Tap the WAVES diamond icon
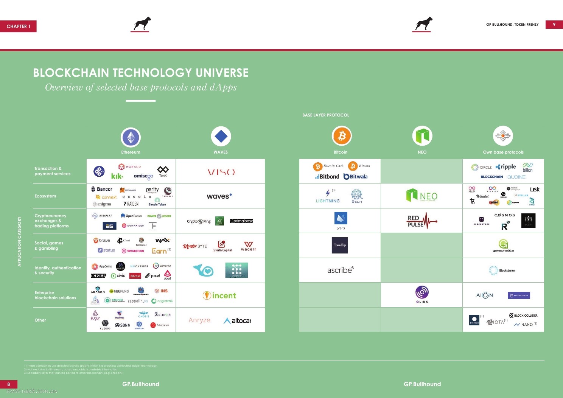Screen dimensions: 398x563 (x=221, y=136)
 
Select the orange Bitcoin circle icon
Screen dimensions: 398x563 (x=342, y=135)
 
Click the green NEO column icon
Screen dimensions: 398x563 (x=422, y=136)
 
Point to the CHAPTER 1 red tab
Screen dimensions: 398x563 (x=18, y=26)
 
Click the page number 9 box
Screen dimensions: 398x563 (x=554, y=25)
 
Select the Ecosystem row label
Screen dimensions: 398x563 (x=45, y=196)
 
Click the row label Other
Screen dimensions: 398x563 (x=40, y=320)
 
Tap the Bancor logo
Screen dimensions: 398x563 (x=102, y=189)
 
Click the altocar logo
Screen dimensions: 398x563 (x=238, y=321)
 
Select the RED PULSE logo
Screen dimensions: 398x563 (x=421, y=221)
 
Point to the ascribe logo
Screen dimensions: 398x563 (x=340, y=270)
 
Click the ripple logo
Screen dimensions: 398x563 (x=506, y=167)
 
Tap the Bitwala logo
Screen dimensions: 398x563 (x=355, y=177)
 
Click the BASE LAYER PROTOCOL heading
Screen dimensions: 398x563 (x=325, y=115)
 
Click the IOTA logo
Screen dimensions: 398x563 (x=496, y=322)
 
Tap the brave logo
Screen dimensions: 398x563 (x=102, y=240)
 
